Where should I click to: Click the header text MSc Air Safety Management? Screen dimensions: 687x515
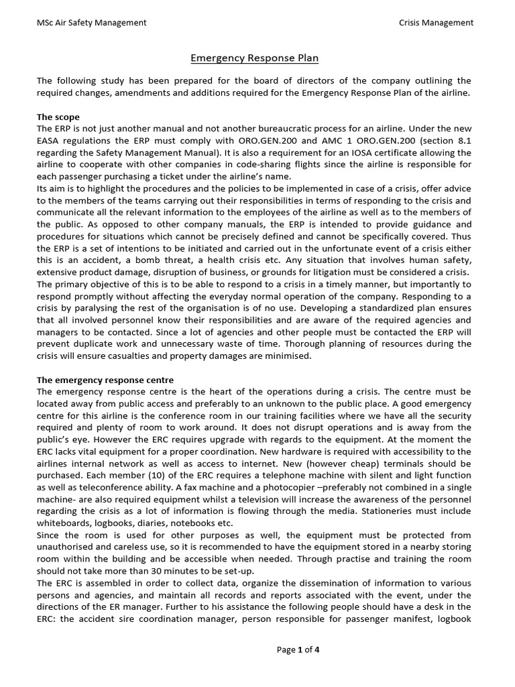pos(92,23)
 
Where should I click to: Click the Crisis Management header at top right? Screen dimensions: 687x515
pos(436,23)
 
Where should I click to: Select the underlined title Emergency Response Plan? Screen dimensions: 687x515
pos(257,58)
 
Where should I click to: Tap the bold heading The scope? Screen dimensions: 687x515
pos(58,117)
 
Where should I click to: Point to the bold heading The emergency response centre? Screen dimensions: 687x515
pos(105,380)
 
